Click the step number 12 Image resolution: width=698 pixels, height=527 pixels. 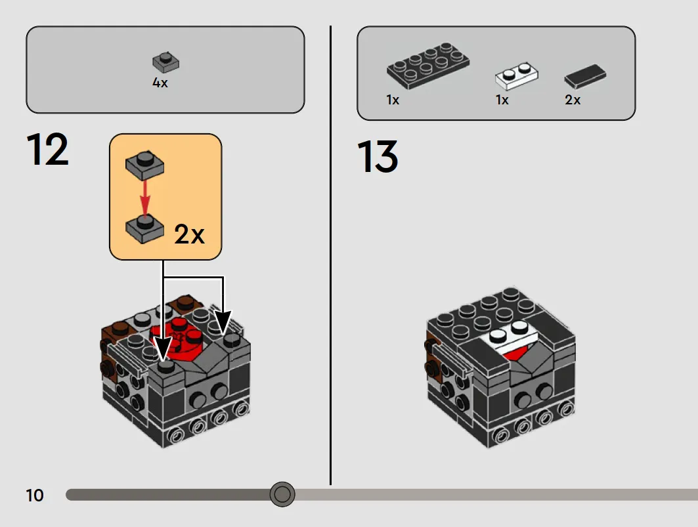pyautogui.click(x=48, y=149)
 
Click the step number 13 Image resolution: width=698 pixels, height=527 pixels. pyautogui.click(x=378, y=156)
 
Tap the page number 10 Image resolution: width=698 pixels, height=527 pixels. pyautogui.click(x=35, y=495)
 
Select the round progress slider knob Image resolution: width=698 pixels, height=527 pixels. pyautogui.click(x=282, y=494)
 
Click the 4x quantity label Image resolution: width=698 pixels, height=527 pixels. pyautogui.click(x=160, y=83)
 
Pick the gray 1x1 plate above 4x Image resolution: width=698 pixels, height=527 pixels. pyautogui.click(x=165, y=62)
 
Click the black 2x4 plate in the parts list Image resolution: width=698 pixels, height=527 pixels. pyautogui.click(x=427, y=66)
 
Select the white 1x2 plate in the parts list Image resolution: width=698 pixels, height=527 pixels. pyautogui.click(x=516, y=75)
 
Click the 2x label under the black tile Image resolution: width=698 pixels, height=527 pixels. pyautogui.click(x=573, y=100)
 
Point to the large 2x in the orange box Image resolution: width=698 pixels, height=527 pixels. pyautogui.click(x=189, y=234)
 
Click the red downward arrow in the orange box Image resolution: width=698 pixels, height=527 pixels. pyautogui.click(x=144, y=198)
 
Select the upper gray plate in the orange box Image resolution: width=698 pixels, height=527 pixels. pyautogui.click(x=144, y=165)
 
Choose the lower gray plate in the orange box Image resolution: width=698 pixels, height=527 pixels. pyautogui.click(x=144, y=229)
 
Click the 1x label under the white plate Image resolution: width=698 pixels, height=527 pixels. pyautogui.click(x=502, y=100)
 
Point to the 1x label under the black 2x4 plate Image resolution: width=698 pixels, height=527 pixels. pyautogui.click(x=393, y=100)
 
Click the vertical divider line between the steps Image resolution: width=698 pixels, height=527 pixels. pyautogui.click(x=331, y=255)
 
